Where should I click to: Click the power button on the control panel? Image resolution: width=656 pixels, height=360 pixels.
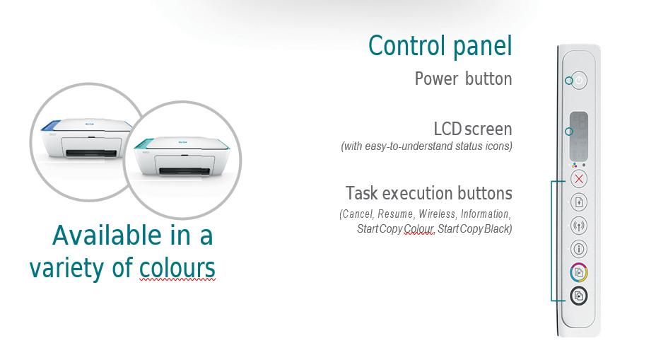click(579, 80)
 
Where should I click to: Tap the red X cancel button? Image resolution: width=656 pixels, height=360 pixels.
click(579, 179)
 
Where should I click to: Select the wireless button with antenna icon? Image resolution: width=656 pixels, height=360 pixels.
click(579, 226)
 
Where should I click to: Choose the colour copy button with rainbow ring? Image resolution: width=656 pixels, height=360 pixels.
click(579, 272)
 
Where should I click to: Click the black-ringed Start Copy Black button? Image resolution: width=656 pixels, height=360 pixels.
click(579, 296)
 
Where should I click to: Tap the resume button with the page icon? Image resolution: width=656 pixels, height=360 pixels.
click(579, 202)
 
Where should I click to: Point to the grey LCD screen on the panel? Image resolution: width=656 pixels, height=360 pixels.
click(579, 136)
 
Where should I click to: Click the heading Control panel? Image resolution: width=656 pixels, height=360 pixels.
click(440, 46)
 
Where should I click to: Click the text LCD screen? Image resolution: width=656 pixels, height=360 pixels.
click(473, 129)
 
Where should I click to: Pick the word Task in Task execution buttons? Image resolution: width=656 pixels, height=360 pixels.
click(361, 193)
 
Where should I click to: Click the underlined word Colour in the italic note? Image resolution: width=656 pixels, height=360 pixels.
click(419, 229)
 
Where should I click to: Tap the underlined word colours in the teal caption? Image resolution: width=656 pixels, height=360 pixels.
click(177, 268)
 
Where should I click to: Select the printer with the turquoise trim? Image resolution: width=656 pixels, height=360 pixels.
click(182, 156)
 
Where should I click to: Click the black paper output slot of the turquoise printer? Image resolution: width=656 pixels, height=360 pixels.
click(184, 170)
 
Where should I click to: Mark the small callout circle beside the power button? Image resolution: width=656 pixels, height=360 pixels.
click(569, 81)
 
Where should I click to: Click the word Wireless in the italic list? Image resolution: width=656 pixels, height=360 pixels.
click(437, 214)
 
